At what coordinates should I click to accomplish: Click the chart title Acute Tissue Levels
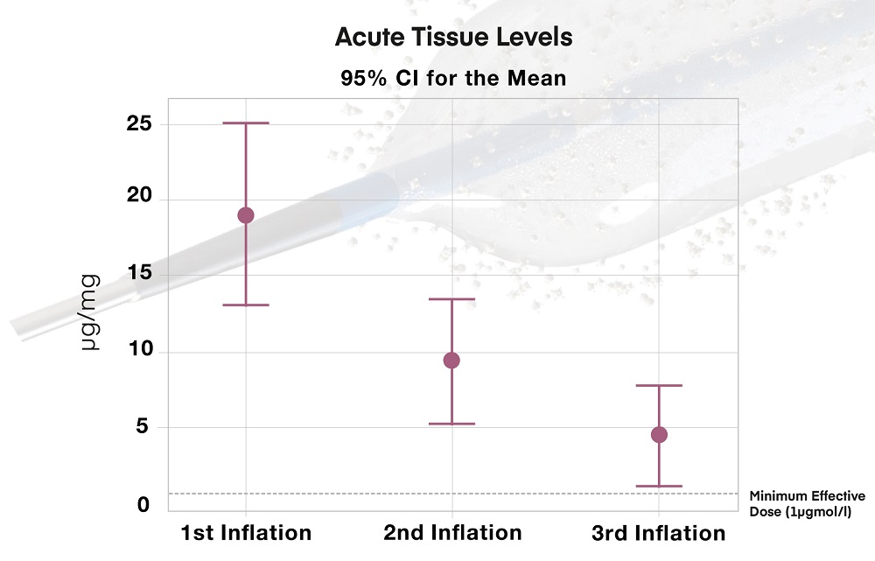point(453,39)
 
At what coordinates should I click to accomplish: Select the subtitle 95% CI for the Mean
point(453,78)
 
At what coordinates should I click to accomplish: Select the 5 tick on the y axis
point(143,428)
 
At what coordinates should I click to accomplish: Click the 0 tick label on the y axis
point(143,505)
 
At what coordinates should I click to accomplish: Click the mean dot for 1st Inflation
point(246,215)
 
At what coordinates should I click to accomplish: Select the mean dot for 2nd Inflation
point(451,360)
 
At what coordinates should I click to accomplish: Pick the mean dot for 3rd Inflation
point(659,435)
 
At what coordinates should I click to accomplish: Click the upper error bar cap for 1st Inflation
point(246,123)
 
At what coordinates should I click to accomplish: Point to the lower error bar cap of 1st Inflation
point(246,305)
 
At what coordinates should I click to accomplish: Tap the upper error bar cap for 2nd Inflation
point(451,299)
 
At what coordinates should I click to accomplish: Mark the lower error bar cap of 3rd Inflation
point(659,486)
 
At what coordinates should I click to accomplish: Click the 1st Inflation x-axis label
point(246,532)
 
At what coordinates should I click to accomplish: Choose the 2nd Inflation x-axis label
point(452,532)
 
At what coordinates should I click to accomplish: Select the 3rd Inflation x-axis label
point(658,532)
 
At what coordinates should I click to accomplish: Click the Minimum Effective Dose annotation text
point(808,503)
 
